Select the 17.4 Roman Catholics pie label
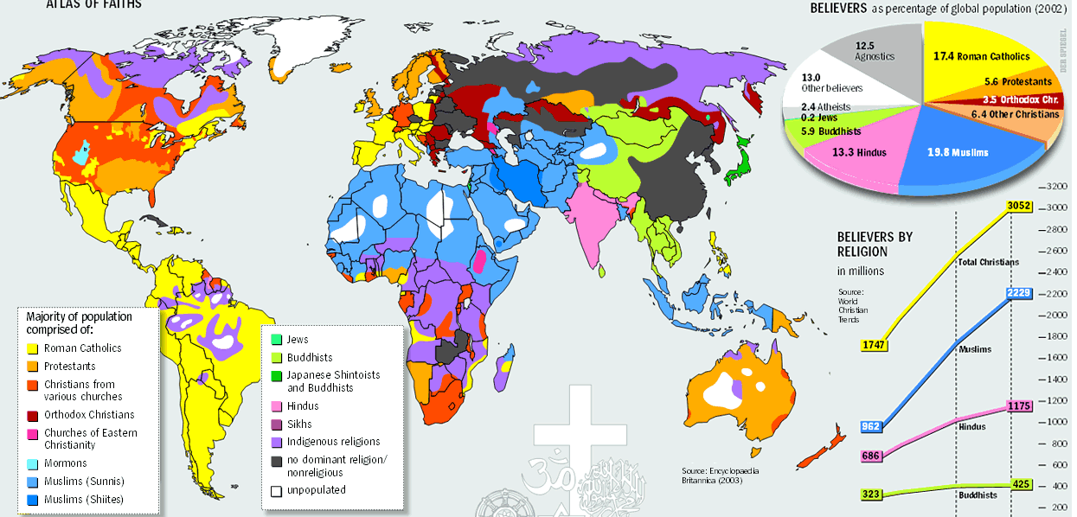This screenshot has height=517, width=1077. tap(981, 56)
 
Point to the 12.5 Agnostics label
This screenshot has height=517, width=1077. tap(875, 50)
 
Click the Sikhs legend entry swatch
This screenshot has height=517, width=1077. tap(276, 424)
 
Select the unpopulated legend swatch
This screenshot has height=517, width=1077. tap(276, 490)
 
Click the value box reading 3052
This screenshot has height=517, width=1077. tap(1019, 206)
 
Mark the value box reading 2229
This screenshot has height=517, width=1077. tap(1019, 294)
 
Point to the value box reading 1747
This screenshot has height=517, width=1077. tap(875, 345)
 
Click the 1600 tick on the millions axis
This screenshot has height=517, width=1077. tap(1057, 357)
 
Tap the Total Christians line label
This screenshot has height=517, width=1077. tap(988, 262)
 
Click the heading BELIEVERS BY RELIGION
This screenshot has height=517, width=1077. tap(875, 245)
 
